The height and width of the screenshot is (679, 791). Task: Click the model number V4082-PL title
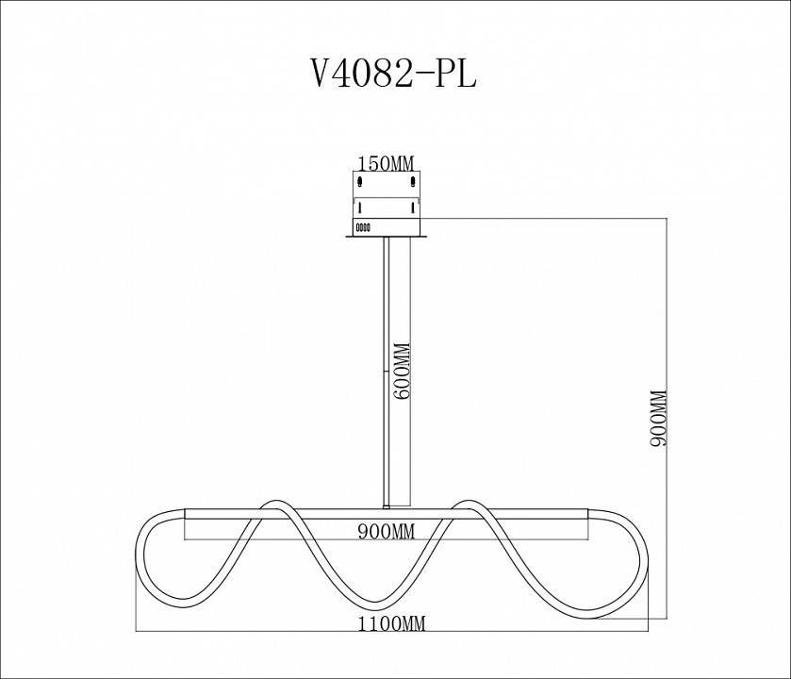[x=394, y=74]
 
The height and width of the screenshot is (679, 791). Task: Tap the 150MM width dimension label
[x=387, y=163]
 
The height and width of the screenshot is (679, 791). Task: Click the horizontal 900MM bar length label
[x=387, y=531]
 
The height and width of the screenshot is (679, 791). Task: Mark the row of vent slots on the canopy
[x=364, y=226]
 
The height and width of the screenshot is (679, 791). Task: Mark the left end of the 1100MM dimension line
[x=139, y=631]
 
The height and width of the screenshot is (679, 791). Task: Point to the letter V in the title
[x=321, y=74]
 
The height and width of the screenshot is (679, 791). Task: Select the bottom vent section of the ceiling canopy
[x=387, y=226]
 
